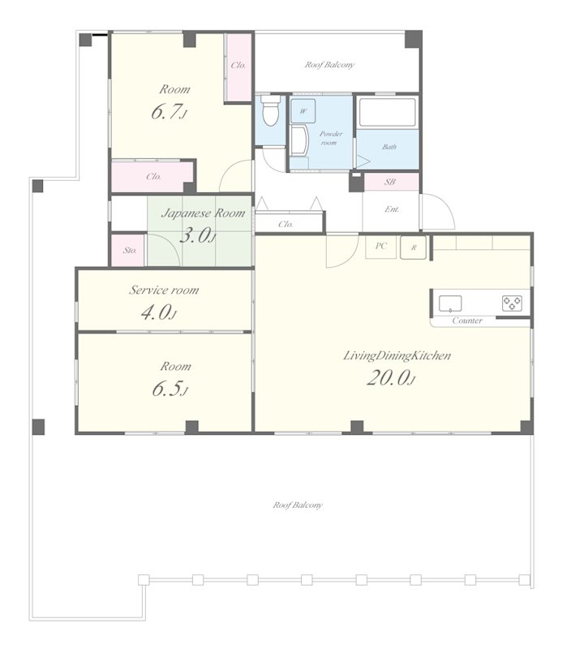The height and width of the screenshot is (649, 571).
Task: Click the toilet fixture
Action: (x=271, y=110)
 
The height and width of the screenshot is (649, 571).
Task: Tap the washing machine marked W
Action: (x=303, y=111)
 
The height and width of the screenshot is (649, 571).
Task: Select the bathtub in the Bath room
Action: (x=387, y=112)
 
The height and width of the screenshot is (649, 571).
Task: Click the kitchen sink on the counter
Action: (x=450, y=303)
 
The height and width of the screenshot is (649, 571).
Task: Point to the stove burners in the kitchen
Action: (x=513, y=303)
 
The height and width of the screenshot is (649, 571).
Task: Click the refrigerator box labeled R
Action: (x=413, y=247)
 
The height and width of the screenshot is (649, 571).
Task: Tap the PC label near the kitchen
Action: (x=381, y=246)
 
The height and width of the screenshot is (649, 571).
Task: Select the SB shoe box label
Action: (x=390, y=182)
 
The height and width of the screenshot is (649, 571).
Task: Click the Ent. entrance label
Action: (x=392, y=209)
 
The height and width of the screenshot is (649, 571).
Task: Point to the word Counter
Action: (x=467, y=320)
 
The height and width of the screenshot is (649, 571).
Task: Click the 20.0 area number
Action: (x=391, y=378)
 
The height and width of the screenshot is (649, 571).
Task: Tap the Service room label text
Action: (x=164, y=290)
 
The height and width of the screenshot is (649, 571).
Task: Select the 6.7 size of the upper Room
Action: (x=169, y=112)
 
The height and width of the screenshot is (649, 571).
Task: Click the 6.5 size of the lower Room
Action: (x=170, y=389)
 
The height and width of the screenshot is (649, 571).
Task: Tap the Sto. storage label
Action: (x=130, y=251)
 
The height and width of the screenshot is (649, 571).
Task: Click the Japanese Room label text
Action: (x=203, y=213)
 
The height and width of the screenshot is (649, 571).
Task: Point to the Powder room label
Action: (x=331, y=138)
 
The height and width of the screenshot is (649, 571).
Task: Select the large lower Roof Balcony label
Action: (x=298, y=505)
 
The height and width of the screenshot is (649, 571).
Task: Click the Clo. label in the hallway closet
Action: (x=286, y=225)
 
